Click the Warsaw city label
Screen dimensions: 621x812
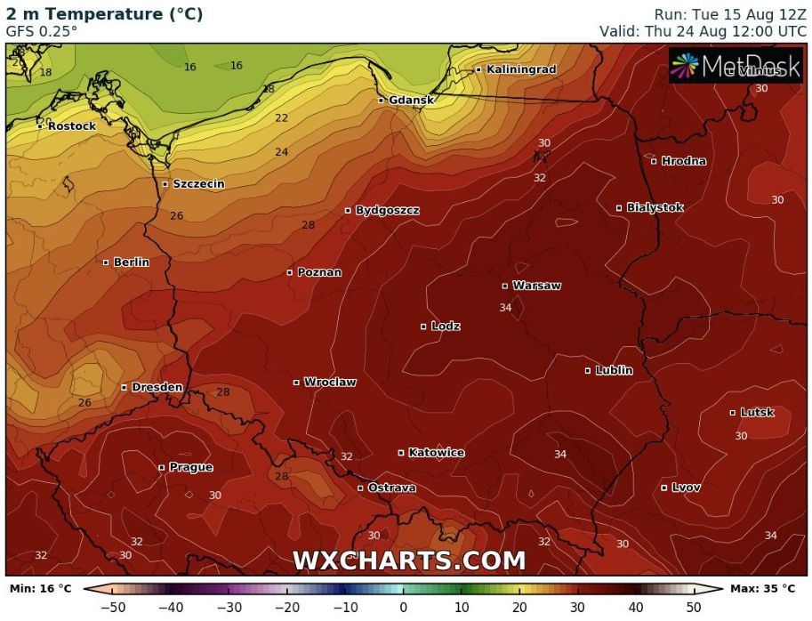coord(536,286)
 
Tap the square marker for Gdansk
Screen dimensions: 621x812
coord(381,101)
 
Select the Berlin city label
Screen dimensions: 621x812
coord(131,262)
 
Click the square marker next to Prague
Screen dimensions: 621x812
coord(162,467)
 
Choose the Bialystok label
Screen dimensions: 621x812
coord(655,207)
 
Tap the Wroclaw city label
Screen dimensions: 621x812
coord(330,383)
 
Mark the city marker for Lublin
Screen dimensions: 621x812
coord(588,370)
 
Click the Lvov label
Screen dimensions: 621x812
coord(686,488)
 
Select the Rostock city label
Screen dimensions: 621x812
coord(71,126)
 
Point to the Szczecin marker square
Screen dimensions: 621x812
coord(165,184)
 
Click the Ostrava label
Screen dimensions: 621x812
coord(392,488)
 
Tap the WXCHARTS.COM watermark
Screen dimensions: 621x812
coord(409,561)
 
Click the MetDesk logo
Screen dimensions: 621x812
coord(736,66)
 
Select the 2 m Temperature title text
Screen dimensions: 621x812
coord(104,13)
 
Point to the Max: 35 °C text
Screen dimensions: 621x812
coord(762,588)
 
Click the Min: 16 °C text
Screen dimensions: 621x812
coord(40,588)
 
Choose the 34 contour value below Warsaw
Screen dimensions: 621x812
coord(505,308)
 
